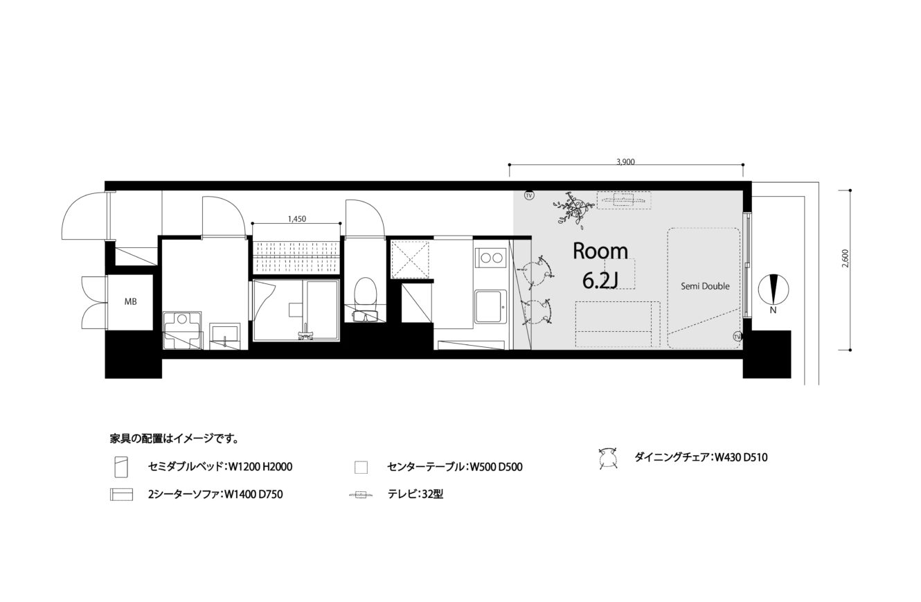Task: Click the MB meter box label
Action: pyautogui.click(x=131, y=302)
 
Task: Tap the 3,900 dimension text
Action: pyautogui.click(x=625, y=162)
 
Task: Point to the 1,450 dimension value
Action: pyautogui.click(x=296, y=219)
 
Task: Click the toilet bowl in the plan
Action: pyautogui.click(x=365, y=293)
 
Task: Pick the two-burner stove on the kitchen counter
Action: pyautogui.click(x=491, y=258)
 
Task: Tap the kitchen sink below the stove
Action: pyautogui.click(x=490, y=307)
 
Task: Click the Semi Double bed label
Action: pyautogui.click(x=705, y=286)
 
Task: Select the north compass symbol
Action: pyautogui.click(x=774, y=290)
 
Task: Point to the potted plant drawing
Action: pyautogui.click(x=573, y=209)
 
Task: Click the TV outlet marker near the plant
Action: pyautogui.click(x=529, y=195)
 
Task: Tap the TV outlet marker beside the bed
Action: pyautogui.click(x=737, y=337)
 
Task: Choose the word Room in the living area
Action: pyautogui.click(x=600, y=251)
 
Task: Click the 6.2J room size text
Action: pyautogui.click(x=600, y=281)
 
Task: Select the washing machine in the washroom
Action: pyautogui.click(x=182, y=330)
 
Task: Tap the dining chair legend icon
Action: pyautogui.click(x=608, y=457)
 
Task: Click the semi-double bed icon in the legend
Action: pyautogui.click(x=122, y=467)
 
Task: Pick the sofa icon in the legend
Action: pyautogui.click(x=122, y=494)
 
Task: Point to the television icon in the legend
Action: pyautogui.click(x=361, y=494)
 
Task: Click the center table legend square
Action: pyautogui.click(x=361, y=468)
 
